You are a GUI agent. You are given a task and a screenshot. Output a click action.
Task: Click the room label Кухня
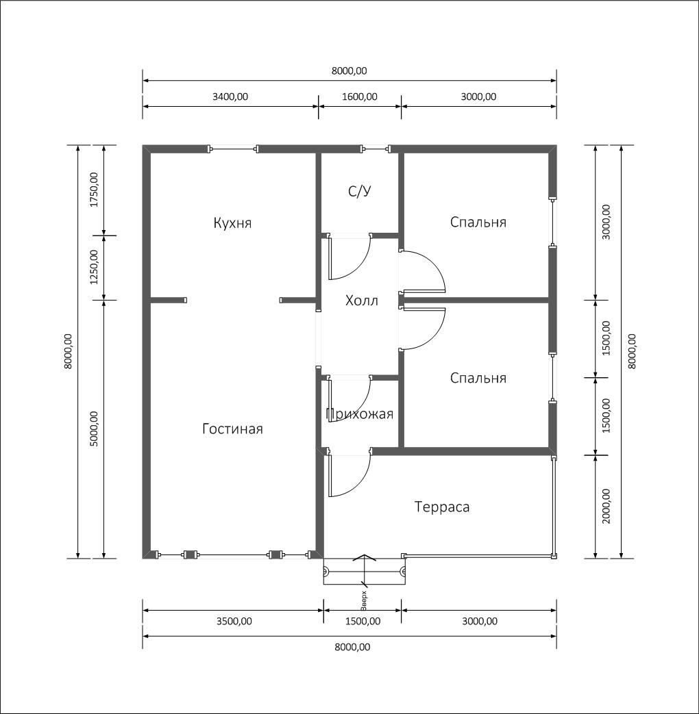pos(232,223)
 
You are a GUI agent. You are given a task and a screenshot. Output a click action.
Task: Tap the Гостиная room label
pos(232,429)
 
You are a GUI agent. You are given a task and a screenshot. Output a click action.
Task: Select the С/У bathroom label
pos(360,191)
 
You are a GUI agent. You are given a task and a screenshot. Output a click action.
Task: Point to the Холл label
pos(362,301)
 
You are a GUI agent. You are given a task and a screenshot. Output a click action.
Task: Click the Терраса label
pos(442,507)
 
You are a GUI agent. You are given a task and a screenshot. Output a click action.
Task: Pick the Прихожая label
pos(360,414)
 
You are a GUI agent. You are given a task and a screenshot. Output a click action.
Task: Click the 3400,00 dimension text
pos(230,97)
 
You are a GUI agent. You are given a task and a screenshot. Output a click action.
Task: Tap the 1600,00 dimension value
pos(360,97)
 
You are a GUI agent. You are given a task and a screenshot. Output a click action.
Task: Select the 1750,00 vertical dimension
pos(94,190)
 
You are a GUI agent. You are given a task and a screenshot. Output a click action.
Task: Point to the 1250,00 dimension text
pos(94,267)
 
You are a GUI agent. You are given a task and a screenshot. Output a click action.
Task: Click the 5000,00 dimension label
pos(94,429)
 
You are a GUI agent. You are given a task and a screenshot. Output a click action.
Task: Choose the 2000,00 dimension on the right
pos(606,506)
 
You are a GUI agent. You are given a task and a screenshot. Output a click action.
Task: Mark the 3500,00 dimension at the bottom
pos(234,621)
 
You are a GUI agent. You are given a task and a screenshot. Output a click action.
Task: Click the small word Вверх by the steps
pos(363,600)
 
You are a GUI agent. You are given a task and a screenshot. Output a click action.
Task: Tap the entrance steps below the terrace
pos(365,571)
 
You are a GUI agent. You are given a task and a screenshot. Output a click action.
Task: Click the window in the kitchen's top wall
pos(233,149)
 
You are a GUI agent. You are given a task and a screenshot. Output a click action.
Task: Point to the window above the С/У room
pos(376,149)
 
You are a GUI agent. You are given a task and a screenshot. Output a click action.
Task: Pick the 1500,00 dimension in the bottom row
pos(363,621)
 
